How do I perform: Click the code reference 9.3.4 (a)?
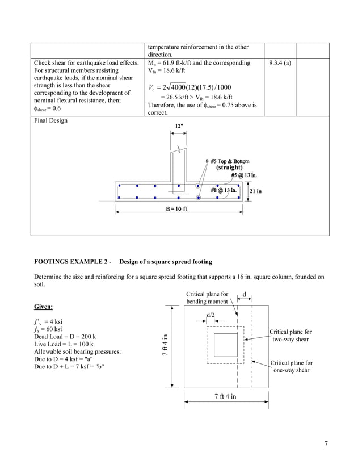point(280,63)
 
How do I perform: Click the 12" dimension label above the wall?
point(179,125)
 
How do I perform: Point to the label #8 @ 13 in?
point(224,190)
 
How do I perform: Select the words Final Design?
point(50,120)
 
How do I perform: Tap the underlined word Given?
point(44,307)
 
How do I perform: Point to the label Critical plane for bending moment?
point(207,298)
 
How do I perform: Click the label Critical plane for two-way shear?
point(291,335)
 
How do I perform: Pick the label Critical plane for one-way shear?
point(291,366)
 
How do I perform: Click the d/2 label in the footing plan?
point(211,314)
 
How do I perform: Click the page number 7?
point(326,443)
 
